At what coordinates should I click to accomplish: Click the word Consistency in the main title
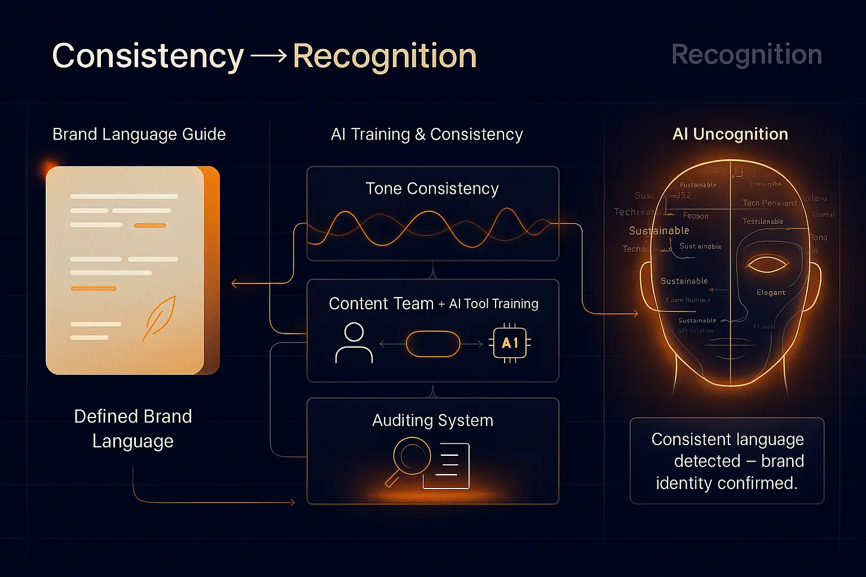point(148,56)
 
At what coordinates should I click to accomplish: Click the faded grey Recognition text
point(746,55)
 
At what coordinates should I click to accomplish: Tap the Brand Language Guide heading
point(139,134)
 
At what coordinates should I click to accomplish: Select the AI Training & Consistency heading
point(427,134)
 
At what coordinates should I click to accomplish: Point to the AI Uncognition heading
point(730,134)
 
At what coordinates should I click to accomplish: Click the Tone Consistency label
point(432,188)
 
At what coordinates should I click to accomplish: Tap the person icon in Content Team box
point(354,343)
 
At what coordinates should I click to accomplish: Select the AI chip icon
point(510,343)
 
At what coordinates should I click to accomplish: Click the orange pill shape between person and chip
point(433,344)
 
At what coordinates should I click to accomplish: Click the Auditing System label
point(432,420)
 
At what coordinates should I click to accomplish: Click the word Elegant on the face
point(771,292)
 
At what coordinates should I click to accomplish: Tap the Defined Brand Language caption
point(133,428)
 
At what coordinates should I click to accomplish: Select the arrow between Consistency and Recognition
point(268,56)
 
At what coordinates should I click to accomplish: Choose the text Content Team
point(381,304)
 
